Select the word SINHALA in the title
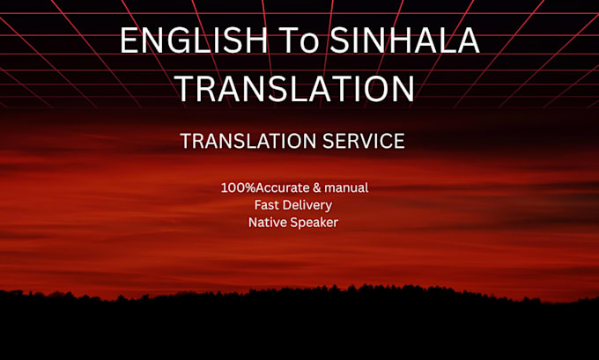click(404, 40)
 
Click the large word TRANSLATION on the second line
click(295, 89)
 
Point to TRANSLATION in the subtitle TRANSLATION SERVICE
click(248, 141)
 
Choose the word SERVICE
click(364, 141)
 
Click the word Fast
click(266, 205)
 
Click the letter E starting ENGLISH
click(129, 40)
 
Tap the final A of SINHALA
click(469, 40)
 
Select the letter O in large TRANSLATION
click(374, 89)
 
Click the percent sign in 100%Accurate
click(249, 187)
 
